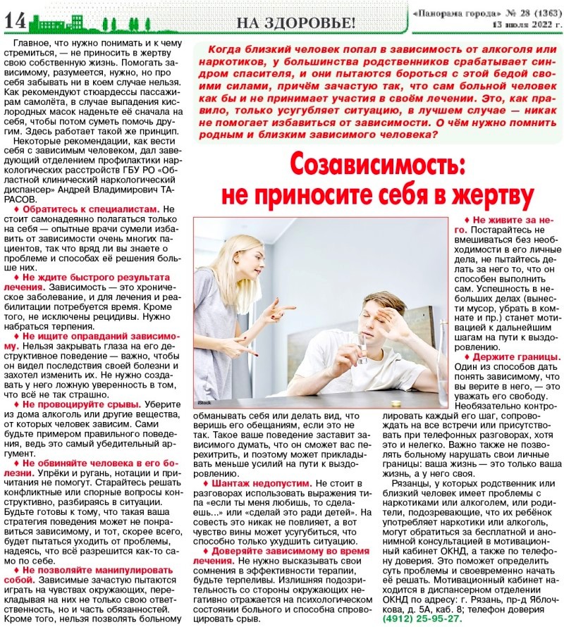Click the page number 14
(15, 20)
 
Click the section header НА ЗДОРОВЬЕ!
(295, 22)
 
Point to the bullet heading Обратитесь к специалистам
(91, 209)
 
